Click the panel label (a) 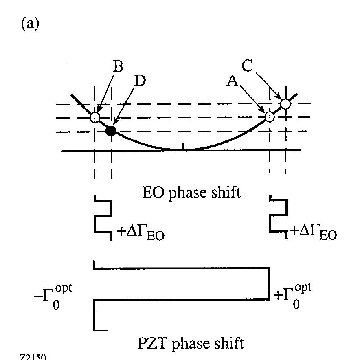pos(30,24)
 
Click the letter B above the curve pos(118,67)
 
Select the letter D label pos(139,81)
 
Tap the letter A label pos(233,81)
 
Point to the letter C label pos(248,66)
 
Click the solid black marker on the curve pos(110,131)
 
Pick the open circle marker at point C pos(285,104)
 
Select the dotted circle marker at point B pos(94,117)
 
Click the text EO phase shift pos(191,192)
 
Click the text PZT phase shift pos(191,343)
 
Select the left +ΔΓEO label pos(140,234)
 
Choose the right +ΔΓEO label pos(313,234)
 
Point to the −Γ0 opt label pos(54,296)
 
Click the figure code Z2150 pos(33,357)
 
